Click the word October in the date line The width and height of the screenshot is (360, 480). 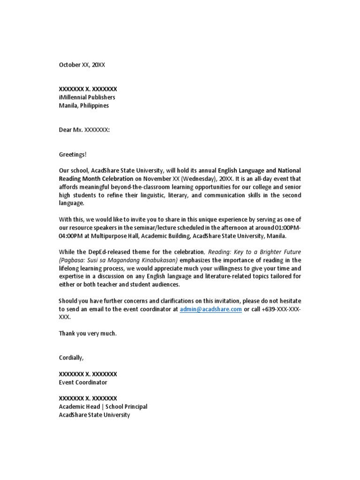click(x=69, y=65)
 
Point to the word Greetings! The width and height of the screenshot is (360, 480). click(x=73, y=154)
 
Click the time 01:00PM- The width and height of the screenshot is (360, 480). click(x=287, y=227)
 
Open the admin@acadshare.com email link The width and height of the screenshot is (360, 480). click(x=210, y=309)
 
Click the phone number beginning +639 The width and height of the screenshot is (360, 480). click(x=278, y=309)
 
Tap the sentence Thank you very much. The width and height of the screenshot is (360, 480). click(x=88, y=333)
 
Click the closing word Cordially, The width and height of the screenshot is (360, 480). click(x=71, y=358)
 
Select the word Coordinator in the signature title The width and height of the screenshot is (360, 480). click(x=91, y=382)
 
